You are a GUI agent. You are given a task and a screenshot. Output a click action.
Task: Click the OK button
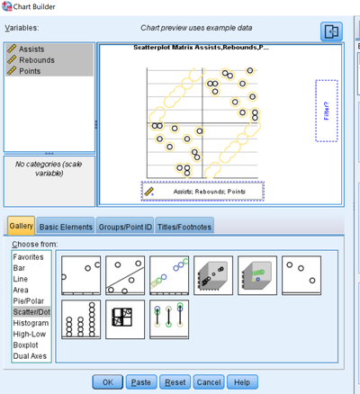107,381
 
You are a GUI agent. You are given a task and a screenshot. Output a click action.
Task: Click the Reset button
175,381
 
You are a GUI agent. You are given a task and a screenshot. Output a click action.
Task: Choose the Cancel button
208,381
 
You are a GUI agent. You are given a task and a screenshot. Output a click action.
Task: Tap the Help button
241,381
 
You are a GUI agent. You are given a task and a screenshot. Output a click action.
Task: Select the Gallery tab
22,227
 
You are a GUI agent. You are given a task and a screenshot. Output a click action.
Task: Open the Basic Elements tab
66,227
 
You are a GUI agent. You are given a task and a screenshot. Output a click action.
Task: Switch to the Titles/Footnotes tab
184,227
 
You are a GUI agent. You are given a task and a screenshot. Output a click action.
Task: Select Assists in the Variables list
32,49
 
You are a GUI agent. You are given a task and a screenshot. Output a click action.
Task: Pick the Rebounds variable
37,59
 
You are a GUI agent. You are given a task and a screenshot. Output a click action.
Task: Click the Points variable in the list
31,70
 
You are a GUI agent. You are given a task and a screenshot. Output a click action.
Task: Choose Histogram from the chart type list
31,321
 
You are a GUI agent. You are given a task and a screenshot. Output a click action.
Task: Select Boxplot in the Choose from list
28,343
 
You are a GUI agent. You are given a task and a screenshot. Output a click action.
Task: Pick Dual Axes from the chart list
31,354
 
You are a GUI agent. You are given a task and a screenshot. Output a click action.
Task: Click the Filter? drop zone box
326,111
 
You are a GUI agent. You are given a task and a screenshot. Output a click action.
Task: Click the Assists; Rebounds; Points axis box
202,192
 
